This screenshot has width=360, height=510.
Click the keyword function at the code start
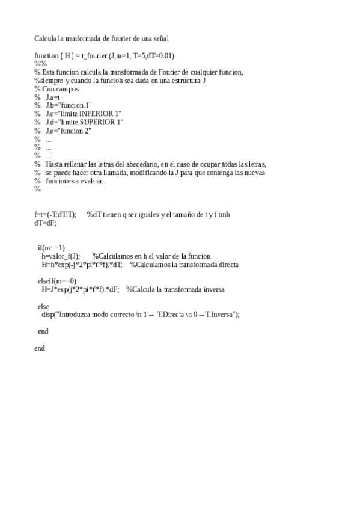pos(46,56)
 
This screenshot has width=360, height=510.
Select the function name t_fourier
pos(95,56)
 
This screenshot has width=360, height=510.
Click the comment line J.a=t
pos(52,97)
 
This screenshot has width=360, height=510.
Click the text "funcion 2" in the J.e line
pos(76,131)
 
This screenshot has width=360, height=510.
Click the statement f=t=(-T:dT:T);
pos(55,215)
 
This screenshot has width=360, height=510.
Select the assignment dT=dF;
pos(45,223)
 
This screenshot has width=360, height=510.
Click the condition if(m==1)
pos(51,248)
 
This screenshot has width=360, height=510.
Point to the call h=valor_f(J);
pos(61,256)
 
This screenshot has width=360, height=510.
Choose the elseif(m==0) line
pos(57,281)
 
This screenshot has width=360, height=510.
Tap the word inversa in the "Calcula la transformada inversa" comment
pos(212,289)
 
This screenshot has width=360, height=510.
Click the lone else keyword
pos(43,306)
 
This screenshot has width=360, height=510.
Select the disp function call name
pos(47,315)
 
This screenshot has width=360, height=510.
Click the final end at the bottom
pos(40,348)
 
